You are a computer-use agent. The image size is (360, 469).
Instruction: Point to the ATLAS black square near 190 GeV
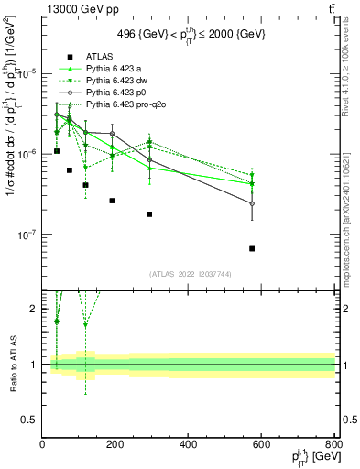point(112,201)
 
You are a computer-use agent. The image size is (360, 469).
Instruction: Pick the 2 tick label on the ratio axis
point(34,309)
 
